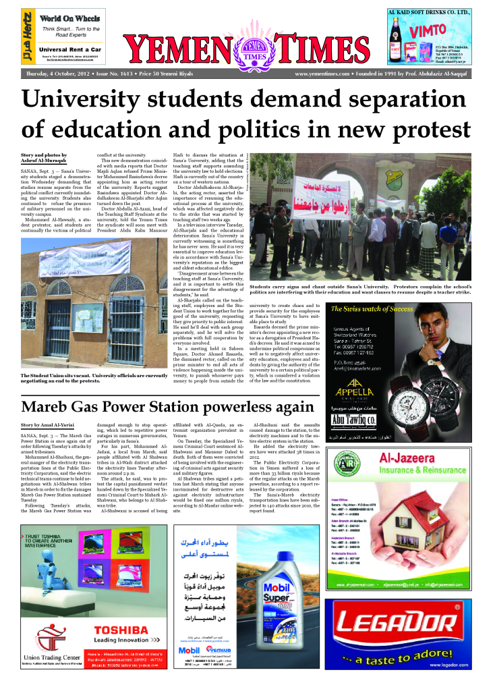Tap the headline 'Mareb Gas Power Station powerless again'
(x=167, y=408)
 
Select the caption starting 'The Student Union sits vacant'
(x=94, y=379)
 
